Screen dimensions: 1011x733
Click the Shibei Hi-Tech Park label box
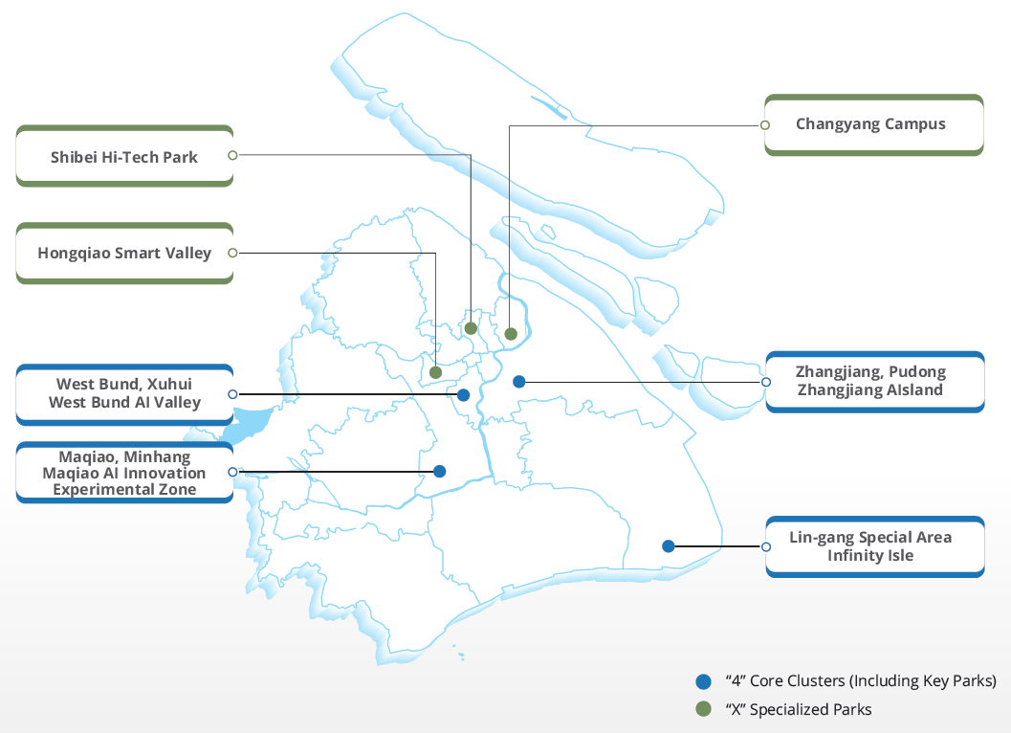[124, 156]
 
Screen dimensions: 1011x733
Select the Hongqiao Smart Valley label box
[124, 253]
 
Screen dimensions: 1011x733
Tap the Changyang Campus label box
[873, 125]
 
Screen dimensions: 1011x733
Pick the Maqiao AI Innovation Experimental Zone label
[124, 473]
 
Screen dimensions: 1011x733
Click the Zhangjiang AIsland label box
[875, 382]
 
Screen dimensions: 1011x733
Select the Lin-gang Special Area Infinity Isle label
[875, 546]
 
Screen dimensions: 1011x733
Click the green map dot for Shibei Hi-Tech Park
[471, 328]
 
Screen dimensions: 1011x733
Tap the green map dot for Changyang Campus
[511, 334]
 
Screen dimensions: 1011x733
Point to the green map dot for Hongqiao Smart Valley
[435, 372]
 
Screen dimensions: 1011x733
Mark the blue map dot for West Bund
[463, 395]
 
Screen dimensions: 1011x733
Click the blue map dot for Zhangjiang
[519, 382]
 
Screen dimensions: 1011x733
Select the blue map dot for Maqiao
[440, 472]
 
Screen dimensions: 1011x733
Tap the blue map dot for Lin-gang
[669, 546]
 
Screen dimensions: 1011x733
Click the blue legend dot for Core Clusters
[703, 681]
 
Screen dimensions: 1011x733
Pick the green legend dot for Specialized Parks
[703, 709]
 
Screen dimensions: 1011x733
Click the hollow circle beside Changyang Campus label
[764, 125]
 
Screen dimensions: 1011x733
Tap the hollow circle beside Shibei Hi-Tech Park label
[232, 155]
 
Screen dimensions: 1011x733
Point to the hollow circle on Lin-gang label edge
[766, 546]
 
